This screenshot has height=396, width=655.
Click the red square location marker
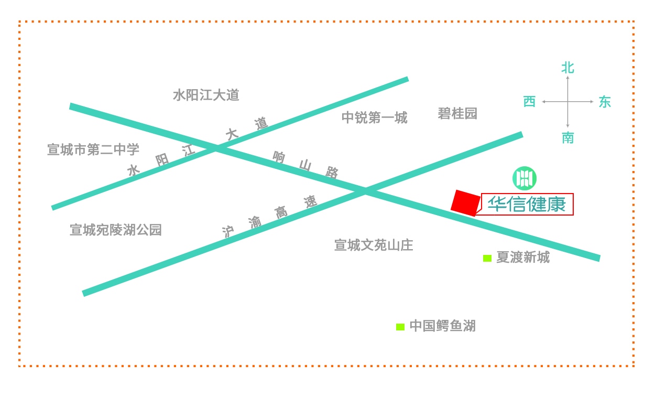pos(466,203)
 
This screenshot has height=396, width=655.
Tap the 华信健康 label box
pos(527,204)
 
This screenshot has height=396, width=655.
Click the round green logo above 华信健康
pos(525,178)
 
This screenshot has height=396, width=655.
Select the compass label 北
pos(567,68)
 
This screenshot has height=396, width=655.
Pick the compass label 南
pos(568,137)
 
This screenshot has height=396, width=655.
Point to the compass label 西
pos(529,102)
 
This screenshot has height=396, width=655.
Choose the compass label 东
pos(605,102)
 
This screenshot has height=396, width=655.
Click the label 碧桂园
pos(457,114)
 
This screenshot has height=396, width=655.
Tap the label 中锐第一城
pos(374,117)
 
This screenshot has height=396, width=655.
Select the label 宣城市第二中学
pos(93,149)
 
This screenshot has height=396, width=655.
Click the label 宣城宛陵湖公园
pos(116,230)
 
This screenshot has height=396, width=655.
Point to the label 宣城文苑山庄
pos(374,245)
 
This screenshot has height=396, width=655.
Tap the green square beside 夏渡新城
pos(487,258)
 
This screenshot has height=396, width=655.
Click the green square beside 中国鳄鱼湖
pos(400,327)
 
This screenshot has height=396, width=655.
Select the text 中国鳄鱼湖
pos(443,326)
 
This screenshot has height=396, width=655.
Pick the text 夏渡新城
pos(523,257)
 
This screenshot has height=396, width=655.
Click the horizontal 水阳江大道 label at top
pos(206,95)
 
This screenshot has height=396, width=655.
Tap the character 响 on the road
pos(279,157)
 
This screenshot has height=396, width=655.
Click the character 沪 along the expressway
pos(228,232)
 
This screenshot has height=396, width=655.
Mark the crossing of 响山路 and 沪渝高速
pos(365,191)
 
